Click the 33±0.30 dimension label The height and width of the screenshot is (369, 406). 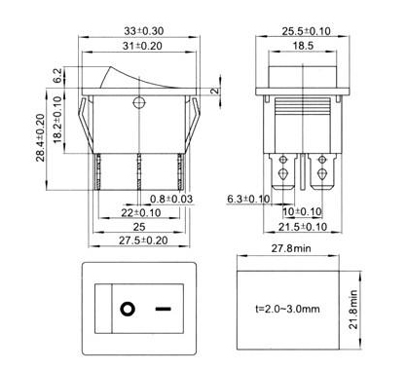[x=143, y=31]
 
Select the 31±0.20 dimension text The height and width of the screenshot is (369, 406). [x=142, y=46]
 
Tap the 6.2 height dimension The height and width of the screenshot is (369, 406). [x=56, y=76]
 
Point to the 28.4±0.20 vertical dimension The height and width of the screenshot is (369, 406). [x=40, y=137]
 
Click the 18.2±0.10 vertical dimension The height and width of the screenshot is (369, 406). [x=57, y=120]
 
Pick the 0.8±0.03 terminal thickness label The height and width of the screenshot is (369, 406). [x=171, y=199]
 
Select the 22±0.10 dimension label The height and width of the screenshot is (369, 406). [x=141, y=213]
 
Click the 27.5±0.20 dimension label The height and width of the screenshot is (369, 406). [x=143, y=240]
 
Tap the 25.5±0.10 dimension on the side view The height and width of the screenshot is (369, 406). [x=306, y=31]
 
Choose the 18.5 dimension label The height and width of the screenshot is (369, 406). [x=303, y=46]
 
